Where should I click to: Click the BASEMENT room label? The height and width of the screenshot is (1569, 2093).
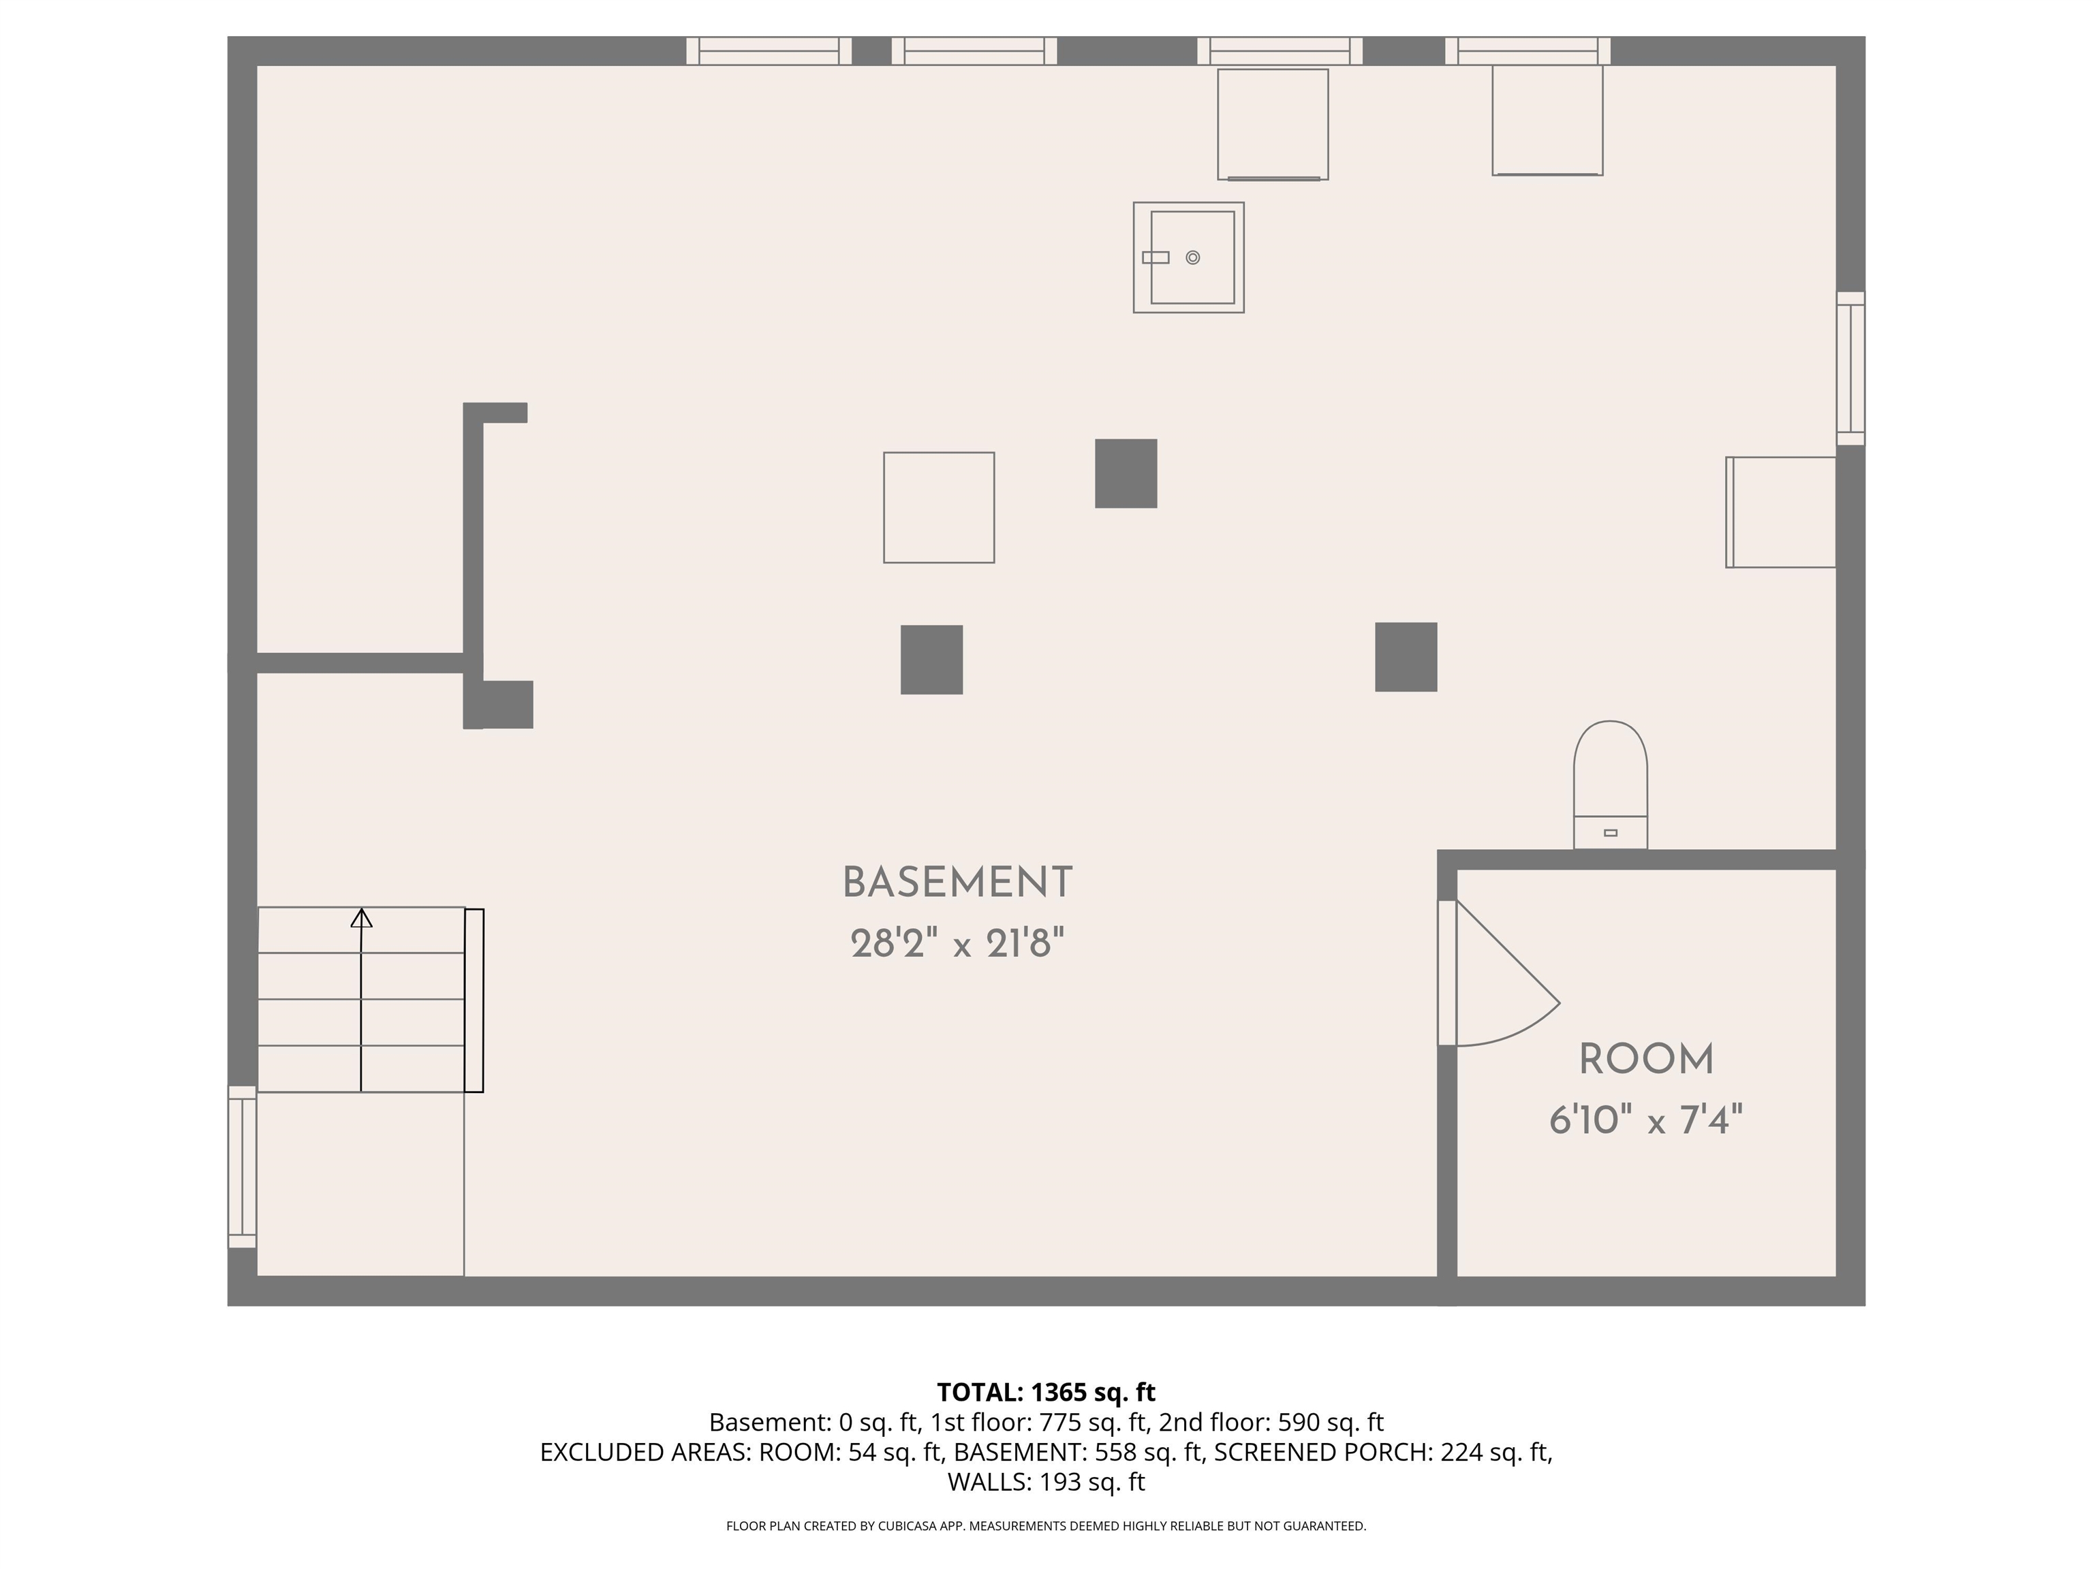click(957, 883)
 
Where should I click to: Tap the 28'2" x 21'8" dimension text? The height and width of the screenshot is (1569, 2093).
click(957, 943)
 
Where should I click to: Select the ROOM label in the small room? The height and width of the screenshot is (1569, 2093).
click(1646, 1059)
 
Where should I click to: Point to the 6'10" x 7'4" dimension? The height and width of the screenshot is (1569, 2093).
click(1646, 1121)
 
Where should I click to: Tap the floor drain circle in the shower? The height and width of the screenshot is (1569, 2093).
click(1192, 257)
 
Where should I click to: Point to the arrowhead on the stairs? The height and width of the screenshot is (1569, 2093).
click(362, 917)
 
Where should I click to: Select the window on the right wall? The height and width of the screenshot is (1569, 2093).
click(1850, 368)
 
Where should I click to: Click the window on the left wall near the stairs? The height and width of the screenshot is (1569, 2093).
click(243, 1166)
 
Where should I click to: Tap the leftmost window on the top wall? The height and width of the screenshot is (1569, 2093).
click(769, 51)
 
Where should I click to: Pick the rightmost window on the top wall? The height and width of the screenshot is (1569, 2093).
click(1528, 51)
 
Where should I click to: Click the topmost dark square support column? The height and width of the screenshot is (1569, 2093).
click(1126, 473)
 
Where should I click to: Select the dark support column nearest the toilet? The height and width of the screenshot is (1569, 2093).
click(1406, 656)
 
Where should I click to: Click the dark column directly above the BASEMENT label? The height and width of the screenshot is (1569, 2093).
click(932, 659)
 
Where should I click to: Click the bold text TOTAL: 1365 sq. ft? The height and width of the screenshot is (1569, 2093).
click(1046, 1392)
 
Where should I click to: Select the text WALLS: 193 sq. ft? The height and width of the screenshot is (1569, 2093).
click(1046, 1482)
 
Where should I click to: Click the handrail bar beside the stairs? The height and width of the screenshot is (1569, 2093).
click(474, 1000)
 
